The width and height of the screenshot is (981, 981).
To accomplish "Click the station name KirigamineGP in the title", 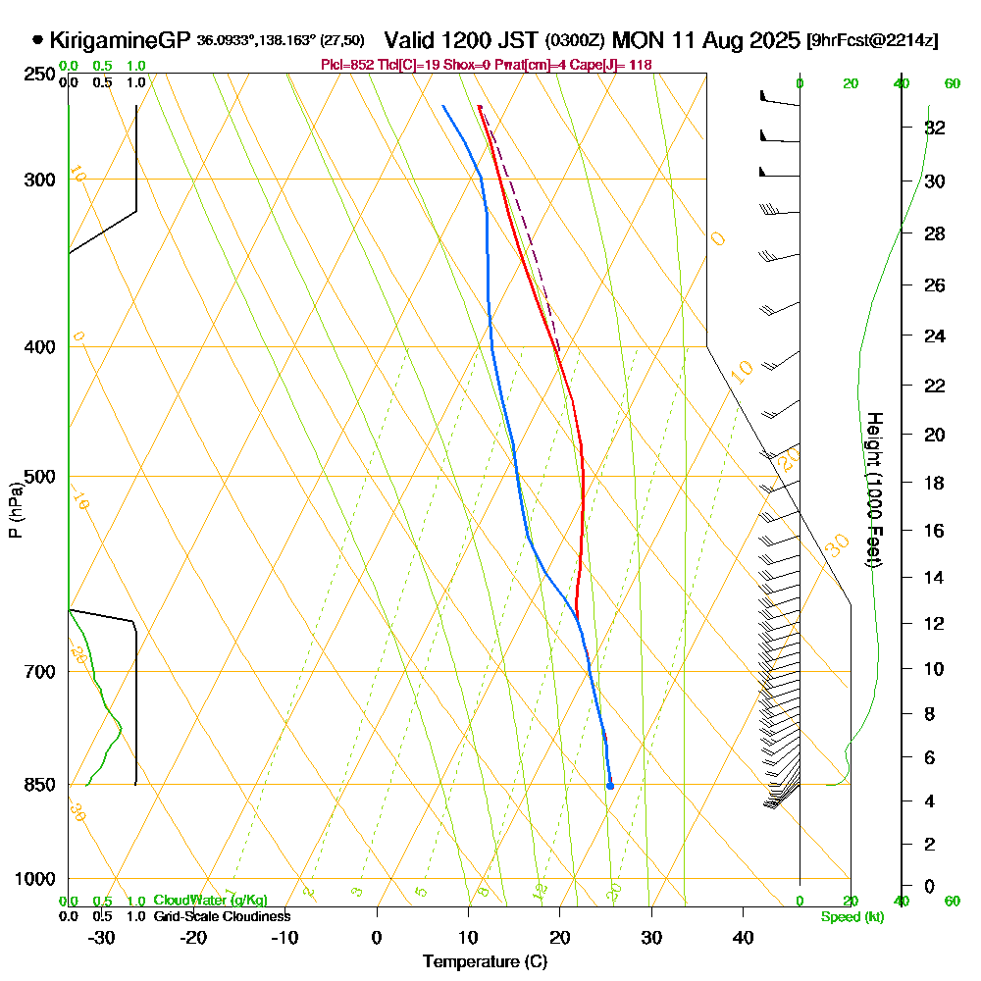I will point(119,41).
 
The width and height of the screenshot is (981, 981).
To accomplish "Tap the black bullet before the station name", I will point(37,41).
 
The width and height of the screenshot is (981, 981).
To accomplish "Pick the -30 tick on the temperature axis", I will point(102,937).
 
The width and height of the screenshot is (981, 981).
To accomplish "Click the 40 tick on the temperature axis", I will point(743,937).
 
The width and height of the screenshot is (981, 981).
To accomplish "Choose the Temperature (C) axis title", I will point(485,961).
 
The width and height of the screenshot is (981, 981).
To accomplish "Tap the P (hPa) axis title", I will point(15,510).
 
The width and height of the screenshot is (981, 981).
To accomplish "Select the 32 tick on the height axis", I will point(936,128).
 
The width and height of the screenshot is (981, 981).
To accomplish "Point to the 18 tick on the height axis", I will point(936,483).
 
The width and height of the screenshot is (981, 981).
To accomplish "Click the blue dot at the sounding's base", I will point(610,786).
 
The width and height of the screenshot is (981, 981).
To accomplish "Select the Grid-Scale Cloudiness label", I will point(221,916).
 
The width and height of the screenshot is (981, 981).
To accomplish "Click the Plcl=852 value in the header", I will point(344,65).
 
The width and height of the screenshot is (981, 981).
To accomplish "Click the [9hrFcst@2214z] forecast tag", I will point(871,41).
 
